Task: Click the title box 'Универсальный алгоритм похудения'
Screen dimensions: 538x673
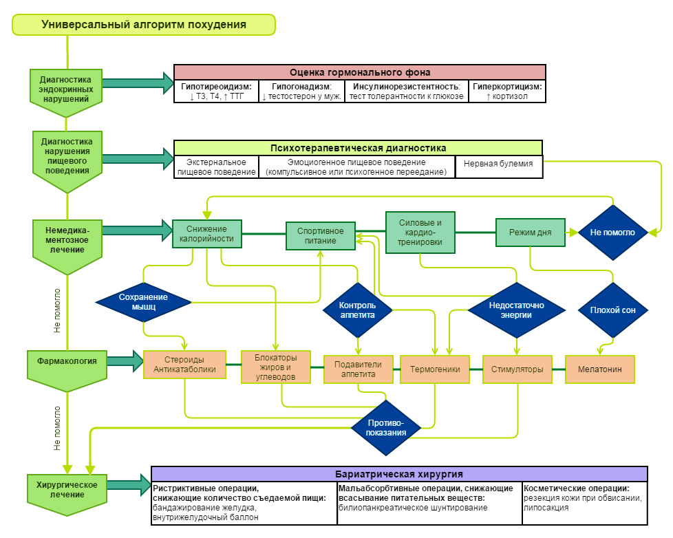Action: [x=144, y=24]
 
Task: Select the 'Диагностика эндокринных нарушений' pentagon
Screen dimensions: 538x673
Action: [x=66, y=89]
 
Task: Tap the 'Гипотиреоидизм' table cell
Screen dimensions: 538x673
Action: [x=216, y=92]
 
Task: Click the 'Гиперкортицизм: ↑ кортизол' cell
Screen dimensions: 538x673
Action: [x=508, y=92]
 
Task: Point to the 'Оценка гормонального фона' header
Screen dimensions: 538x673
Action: [x=359, y=72]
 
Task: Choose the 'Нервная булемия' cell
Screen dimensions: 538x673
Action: [x=499, y=166]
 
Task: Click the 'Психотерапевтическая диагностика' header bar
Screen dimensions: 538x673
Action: [x=358, y=148]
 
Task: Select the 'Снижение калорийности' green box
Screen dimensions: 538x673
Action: [x=206, y=234]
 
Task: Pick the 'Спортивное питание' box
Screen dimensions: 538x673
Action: [x=321, y=235]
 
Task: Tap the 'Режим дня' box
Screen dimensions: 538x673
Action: [x=531, y=233]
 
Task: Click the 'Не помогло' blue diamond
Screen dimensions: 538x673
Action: [x=612, y=233]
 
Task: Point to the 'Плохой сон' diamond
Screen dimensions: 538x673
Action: [x=612, y=310]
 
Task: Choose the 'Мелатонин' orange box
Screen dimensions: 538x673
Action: [x=599, y=369]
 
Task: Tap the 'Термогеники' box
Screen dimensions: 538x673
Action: [x=435, y=369]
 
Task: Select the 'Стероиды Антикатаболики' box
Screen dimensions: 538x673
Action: [x=185, y=365]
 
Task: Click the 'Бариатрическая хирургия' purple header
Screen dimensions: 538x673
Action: [x=399, y=474]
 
